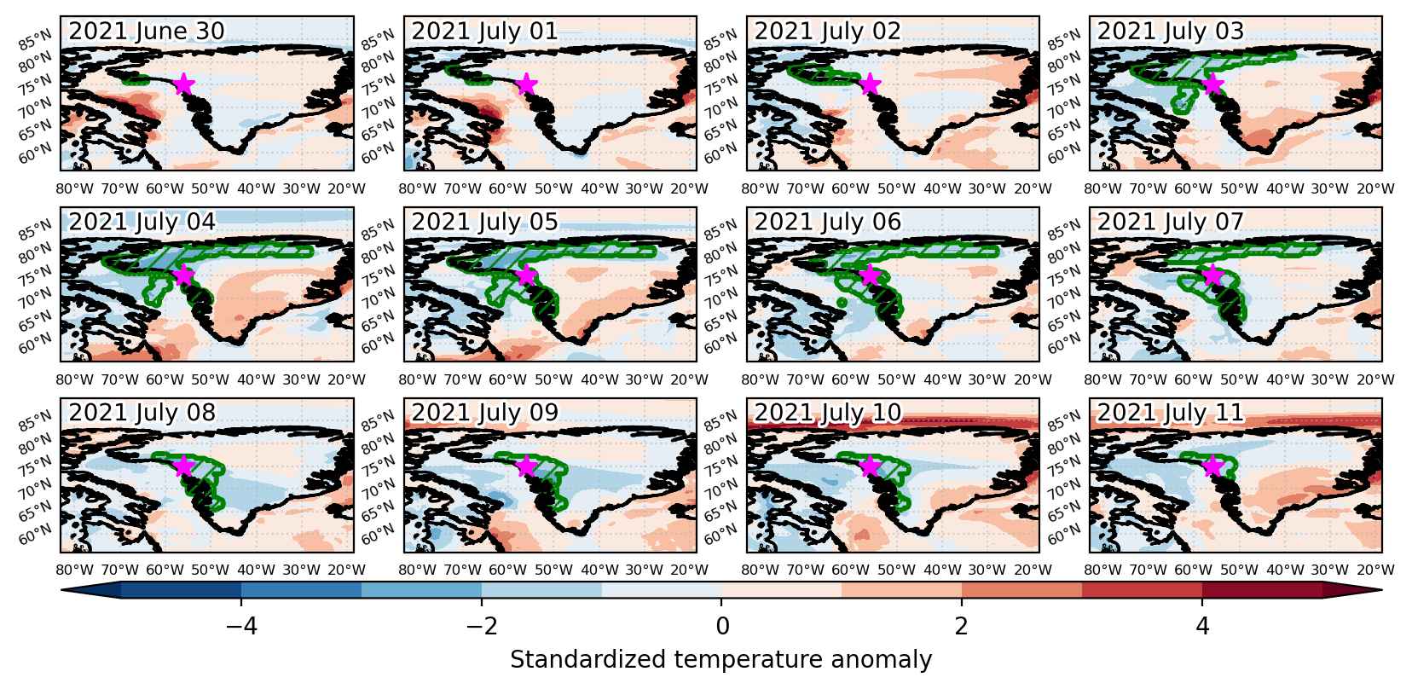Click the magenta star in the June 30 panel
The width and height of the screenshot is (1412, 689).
[182, 84]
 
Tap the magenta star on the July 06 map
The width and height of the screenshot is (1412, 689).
[869, 275]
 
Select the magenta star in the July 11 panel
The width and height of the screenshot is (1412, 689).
[1212, 466]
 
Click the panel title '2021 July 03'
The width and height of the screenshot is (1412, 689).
[1171, 31]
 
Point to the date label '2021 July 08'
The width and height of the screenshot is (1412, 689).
[142, 412]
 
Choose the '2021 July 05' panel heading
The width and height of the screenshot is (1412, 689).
[485, 222]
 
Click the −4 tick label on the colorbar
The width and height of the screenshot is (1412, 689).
[241, 626]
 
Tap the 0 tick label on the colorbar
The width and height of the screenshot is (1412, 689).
[722, 626]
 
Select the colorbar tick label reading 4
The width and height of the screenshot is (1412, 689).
[1203, 626]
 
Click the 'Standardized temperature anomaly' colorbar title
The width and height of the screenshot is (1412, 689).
[721, 660]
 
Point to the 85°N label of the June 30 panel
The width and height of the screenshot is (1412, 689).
[35, 40]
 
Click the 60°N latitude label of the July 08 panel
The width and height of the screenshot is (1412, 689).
[35, 535]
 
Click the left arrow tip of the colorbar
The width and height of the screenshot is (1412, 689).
[61, 590]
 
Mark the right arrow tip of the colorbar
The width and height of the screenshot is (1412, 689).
[1382, 590]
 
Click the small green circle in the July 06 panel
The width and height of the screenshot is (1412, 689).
[842, 303]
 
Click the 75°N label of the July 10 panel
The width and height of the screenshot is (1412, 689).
[721, 465]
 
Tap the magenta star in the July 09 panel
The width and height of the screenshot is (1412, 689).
[526, 466]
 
